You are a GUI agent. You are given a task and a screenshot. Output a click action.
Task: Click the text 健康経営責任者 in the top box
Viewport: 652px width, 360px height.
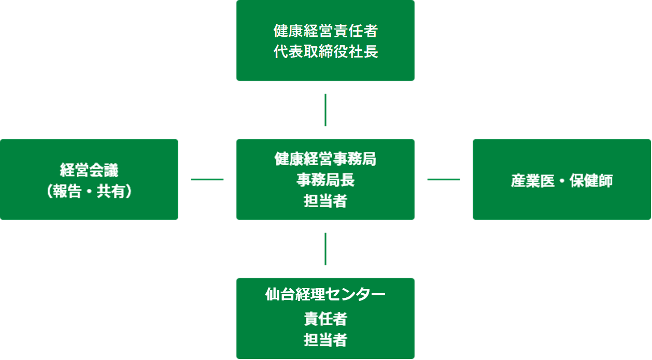[x=325, y=31]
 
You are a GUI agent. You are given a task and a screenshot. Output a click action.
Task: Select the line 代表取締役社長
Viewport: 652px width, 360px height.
[x=325, y=52]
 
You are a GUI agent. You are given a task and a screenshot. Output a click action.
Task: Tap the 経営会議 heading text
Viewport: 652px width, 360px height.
[x=89, y=170]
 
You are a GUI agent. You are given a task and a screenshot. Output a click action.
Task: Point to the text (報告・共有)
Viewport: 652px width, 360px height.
[x=89, y=192]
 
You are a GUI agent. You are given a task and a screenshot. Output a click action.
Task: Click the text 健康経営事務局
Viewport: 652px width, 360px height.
[x=325, y=159]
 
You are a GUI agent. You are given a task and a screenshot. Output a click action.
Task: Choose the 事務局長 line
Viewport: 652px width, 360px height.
[x=325, y=180]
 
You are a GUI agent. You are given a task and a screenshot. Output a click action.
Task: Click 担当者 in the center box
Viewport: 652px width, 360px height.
[x=325, y=201]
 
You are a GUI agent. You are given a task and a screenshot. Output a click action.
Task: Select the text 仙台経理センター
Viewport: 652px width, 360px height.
[x=325, y=295]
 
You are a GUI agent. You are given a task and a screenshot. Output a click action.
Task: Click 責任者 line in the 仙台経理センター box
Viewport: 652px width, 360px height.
[x=325, y=319]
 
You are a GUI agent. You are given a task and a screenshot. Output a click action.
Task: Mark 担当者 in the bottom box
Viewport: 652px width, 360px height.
[x=325, y=340]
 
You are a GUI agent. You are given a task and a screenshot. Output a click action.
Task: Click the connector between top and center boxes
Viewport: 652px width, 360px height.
[x=325, y=110]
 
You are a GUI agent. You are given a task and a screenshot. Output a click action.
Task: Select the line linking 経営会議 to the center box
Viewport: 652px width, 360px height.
[x=207, y=179]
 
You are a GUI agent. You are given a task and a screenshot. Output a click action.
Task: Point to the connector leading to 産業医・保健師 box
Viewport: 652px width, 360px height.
[x=444, y=179]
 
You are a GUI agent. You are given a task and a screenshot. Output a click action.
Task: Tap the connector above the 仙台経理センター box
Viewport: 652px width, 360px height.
[x=325, y=249]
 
